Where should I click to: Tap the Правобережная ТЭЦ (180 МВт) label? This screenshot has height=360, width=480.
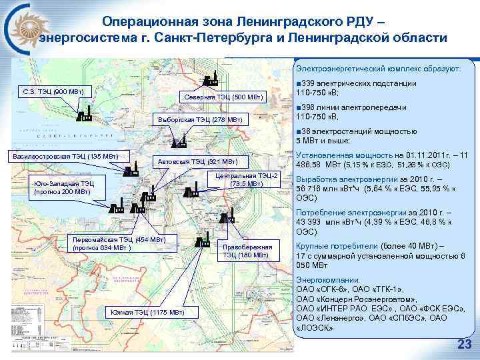247,250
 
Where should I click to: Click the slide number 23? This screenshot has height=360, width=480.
461,344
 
